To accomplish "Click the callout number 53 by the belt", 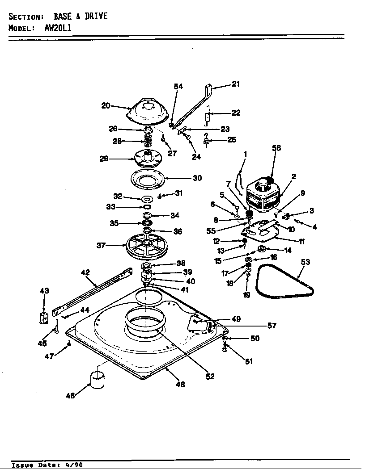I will point(305,262).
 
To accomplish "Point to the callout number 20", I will point(106,105).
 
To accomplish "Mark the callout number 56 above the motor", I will point(276,148).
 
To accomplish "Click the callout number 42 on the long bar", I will point(85,272).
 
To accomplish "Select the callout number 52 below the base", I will point(210,376).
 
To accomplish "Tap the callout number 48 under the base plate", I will point(180,384).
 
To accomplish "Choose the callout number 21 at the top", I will point(236,84).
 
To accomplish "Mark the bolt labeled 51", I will point(224,348).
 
